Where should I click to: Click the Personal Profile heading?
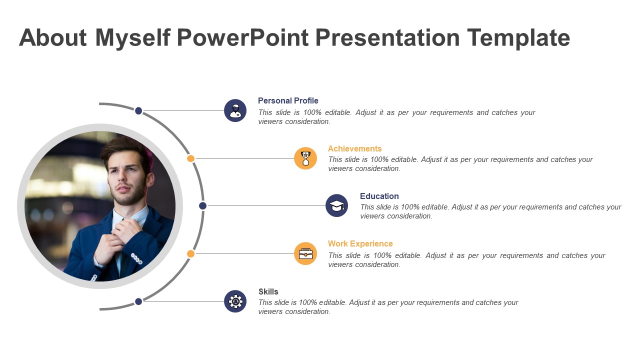(288, 101)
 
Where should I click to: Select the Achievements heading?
(354, 148)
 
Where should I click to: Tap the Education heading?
(379, 196)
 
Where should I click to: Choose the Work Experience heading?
(360, 243)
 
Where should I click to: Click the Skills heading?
(268, 291)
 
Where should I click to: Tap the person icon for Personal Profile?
(235, 110)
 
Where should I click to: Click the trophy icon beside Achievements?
(305, 158)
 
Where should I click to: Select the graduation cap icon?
(336, 205)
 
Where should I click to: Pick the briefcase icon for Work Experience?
(305, 253)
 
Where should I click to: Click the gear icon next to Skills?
(235, 301)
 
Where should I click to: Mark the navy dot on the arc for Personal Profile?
(138, 110)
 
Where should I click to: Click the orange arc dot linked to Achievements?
(190, 158)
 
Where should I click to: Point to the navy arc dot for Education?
(202, 205)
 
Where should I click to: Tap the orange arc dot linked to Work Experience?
(190, 253)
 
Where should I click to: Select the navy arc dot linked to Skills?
(138, 301)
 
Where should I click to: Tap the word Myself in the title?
(132, 38)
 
